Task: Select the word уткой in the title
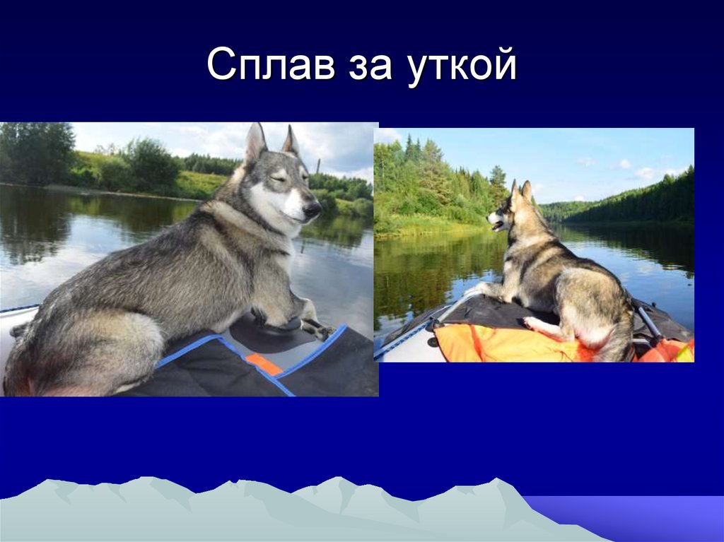463,69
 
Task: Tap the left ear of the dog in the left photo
255,141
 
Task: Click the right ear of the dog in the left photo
291,140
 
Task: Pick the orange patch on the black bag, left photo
263,365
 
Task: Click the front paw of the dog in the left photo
311,326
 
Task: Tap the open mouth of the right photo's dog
498,226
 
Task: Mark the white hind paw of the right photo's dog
532,324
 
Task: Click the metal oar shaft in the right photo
648,321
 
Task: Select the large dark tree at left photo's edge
35,153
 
